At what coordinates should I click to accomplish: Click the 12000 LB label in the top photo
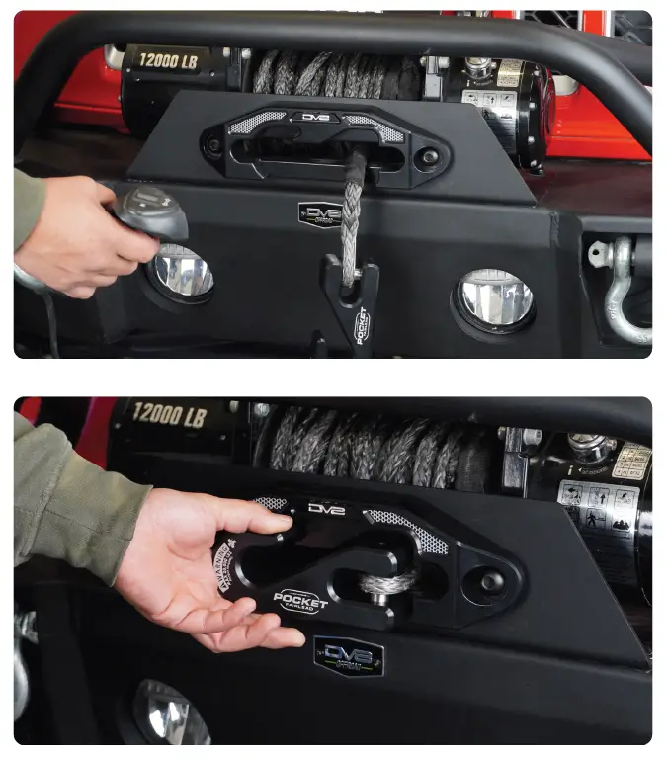[159, 61]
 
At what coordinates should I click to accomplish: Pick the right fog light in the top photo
[494, 296]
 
